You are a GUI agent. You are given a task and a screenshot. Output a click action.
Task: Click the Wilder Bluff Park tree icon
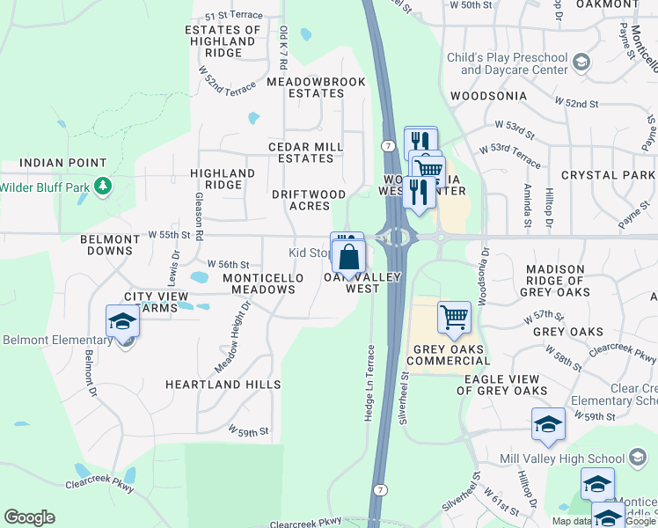[x=104, y=187]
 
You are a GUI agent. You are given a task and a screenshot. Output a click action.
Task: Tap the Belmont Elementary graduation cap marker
[x=122, y=322]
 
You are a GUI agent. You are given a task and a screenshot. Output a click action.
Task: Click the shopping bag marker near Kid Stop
[x=349, y=258]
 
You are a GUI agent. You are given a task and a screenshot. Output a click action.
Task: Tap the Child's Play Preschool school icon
[x=581, y=62]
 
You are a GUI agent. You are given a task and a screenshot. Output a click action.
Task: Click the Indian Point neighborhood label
[x=62, y=163]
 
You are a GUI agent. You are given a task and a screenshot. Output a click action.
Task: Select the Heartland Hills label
[x=223, y=385]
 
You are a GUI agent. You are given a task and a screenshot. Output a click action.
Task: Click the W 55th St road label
[x=169, y=236]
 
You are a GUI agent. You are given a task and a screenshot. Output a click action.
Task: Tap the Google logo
[x=29, y=517]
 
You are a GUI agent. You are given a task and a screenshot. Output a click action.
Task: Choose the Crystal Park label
[x=608, y=175]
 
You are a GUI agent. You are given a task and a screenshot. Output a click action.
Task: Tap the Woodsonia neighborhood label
[x=487, y=95]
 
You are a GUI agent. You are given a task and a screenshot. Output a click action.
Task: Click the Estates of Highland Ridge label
[x=223, y=41]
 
